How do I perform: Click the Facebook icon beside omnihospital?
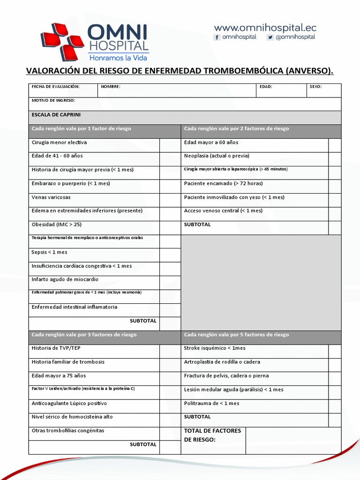point(217,37)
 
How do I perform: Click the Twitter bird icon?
point(270,37)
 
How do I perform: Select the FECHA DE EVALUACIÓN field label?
point(55,87)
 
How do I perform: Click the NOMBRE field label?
point(111,87)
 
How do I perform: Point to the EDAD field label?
point(265,87)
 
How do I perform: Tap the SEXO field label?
point(315,87)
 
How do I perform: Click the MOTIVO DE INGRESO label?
point(53,100)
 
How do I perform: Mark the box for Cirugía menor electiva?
point(170,145)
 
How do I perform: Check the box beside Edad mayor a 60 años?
point(335,145)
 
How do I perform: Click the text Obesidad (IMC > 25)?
point(56,225)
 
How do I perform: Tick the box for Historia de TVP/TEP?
point(170,352)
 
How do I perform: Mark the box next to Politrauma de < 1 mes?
point(335,406)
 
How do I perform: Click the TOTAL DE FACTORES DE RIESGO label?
point(212,435)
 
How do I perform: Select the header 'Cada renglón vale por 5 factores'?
point(237,335)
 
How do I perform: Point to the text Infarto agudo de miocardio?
point(65,279)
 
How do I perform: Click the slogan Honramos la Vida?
point(118,58)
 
